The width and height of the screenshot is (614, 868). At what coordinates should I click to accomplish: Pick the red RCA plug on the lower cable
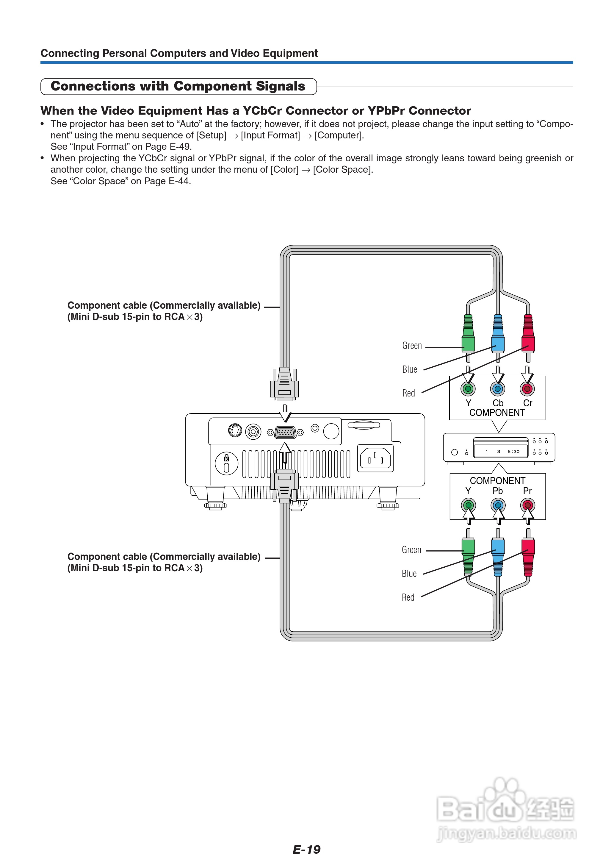tap(528, 556)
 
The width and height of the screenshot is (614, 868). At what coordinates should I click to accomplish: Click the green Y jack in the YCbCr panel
tap(468, 389)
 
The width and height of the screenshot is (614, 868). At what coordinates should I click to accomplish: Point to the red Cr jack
tap(527, 389)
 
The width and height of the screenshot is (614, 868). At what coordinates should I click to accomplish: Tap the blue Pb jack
tap(498, 505)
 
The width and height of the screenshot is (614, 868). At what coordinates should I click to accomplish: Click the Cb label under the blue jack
tap(498, 403)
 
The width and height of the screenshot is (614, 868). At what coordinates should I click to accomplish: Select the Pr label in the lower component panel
tap(527, 491)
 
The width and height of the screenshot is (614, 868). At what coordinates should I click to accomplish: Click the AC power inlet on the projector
tap(375, 458)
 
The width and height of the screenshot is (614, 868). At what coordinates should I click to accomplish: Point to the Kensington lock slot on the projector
tap(226, 463)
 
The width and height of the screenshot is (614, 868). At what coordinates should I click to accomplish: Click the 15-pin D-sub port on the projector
tap(285, 432)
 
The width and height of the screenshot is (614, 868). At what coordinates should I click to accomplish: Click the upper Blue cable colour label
tap(409, 369)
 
